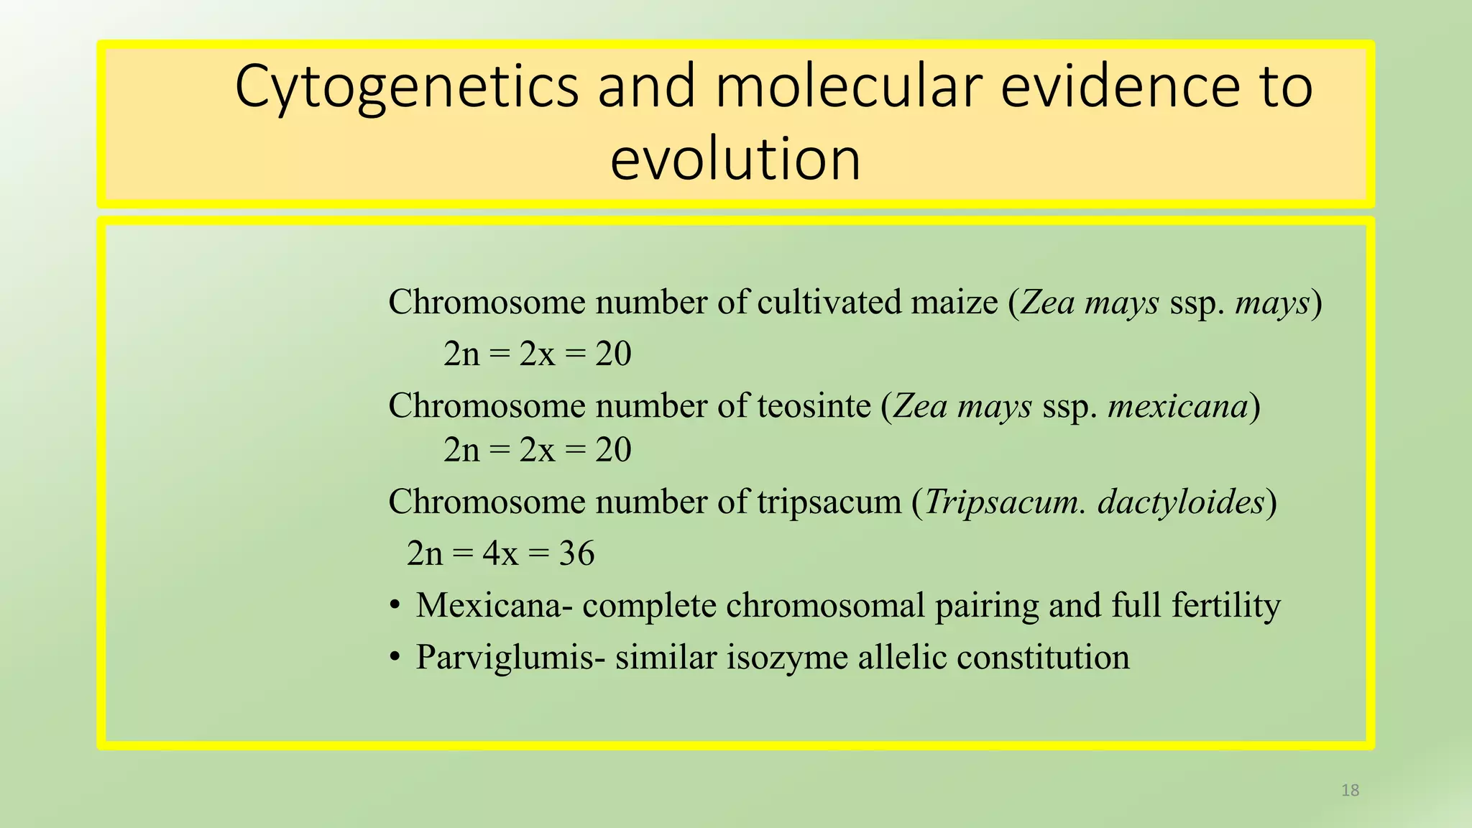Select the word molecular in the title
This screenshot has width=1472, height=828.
tap(848, 86)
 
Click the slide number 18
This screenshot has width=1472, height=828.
tap(1350, 791)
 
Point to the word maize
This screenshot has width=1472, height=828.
tap(954, 302)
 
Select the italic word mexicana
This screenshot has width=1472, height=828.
tap(1177, 406)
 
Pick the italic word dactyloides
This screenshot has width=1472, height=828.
tap(1180, 502)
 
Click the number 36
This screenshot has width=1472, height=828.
tap(576, 554)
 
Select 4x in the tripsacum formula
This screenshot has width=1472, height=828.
tap(500, 554)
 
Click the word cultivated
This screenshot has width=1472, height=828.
tap(830, 302)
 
